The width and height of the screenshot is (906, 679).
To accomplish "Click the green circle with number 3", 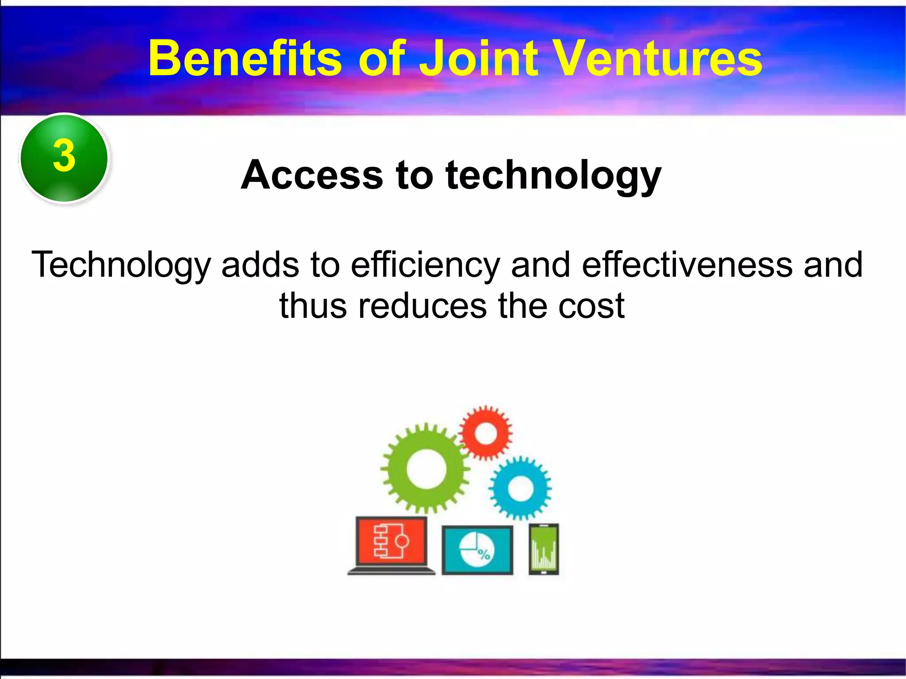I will click(64, 158).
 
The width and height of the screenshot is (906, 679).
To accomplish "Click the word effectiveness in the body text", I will click(687, 265).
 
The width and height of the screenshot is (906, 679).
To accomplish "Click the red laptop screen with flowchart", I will click(391, 541).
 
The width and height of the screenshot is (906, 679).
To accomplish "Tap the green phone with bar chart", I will click(544, 549).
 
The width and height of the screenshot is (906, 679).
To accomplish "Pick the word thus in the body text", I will click(313, 306).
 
